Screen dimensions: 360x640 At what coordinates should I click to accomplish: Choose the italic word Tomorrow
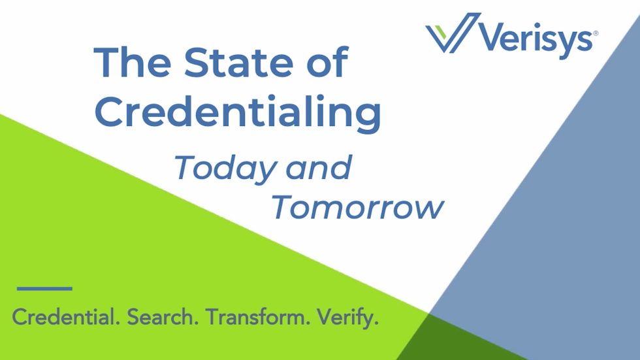coord(357,208)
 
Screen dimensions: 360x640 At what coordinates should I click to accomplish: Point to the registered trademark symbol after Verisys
coord(594,31)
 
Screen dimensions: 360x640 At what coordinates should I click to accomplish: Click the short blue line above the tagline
coord(44,288)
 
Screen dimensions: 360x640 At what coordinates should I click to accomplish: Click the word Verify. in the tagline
coord(347,318)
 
